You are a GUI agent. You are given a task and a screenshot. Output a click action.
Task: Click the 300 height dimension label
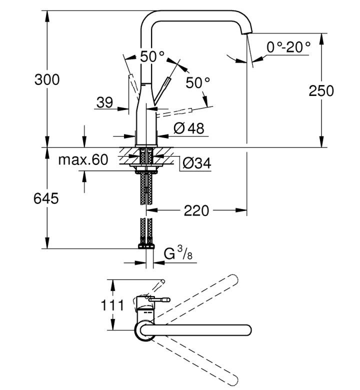[47, 80]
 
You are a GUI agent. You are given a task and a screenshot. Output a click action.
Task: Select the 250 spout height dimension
[321, 91]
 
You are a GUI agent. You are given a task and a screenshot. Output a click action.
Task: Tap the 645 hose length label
[46, 198]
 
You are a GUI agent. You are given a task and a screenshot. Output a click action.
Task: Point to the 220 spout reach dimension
[196, 211]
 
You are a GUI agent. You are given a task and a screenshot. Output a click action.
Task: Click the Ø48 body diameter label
[189, 128]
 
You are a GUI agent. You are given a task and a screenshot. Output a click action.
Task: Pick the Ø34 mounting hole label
[197, 163]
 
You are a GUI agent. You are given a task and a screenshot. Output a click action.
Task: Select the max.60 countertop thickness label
[83, 159]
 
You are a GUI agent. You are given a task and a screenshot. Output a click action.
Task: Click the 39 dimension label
[104, 102]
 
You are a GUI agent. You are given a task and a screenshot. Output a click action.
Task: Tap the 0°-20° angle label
[288, 47]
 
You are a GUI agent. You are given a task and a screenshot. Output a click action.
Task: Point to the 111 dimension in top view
[112, 305]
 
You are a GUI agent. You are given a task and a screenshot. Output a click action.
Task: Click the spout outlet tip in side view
[247, 33]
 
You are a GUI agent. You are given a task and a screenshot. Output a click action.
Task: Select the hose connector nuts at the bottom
[146, 245]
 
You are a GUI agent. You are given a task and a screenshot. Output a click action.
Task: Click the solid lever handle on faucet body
[162, 91]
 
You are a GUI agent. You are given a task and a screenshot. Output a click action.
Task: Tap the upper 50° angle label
[152, 56]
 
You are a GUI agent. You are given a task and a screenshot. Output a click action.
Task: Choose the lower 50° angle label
[198, 82]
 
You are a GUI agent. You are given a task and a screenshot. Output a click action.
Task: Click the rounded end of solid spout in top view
[247, 330]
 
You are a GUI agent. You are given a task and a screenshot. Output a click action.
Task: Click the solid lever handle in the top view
[159, 300]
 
